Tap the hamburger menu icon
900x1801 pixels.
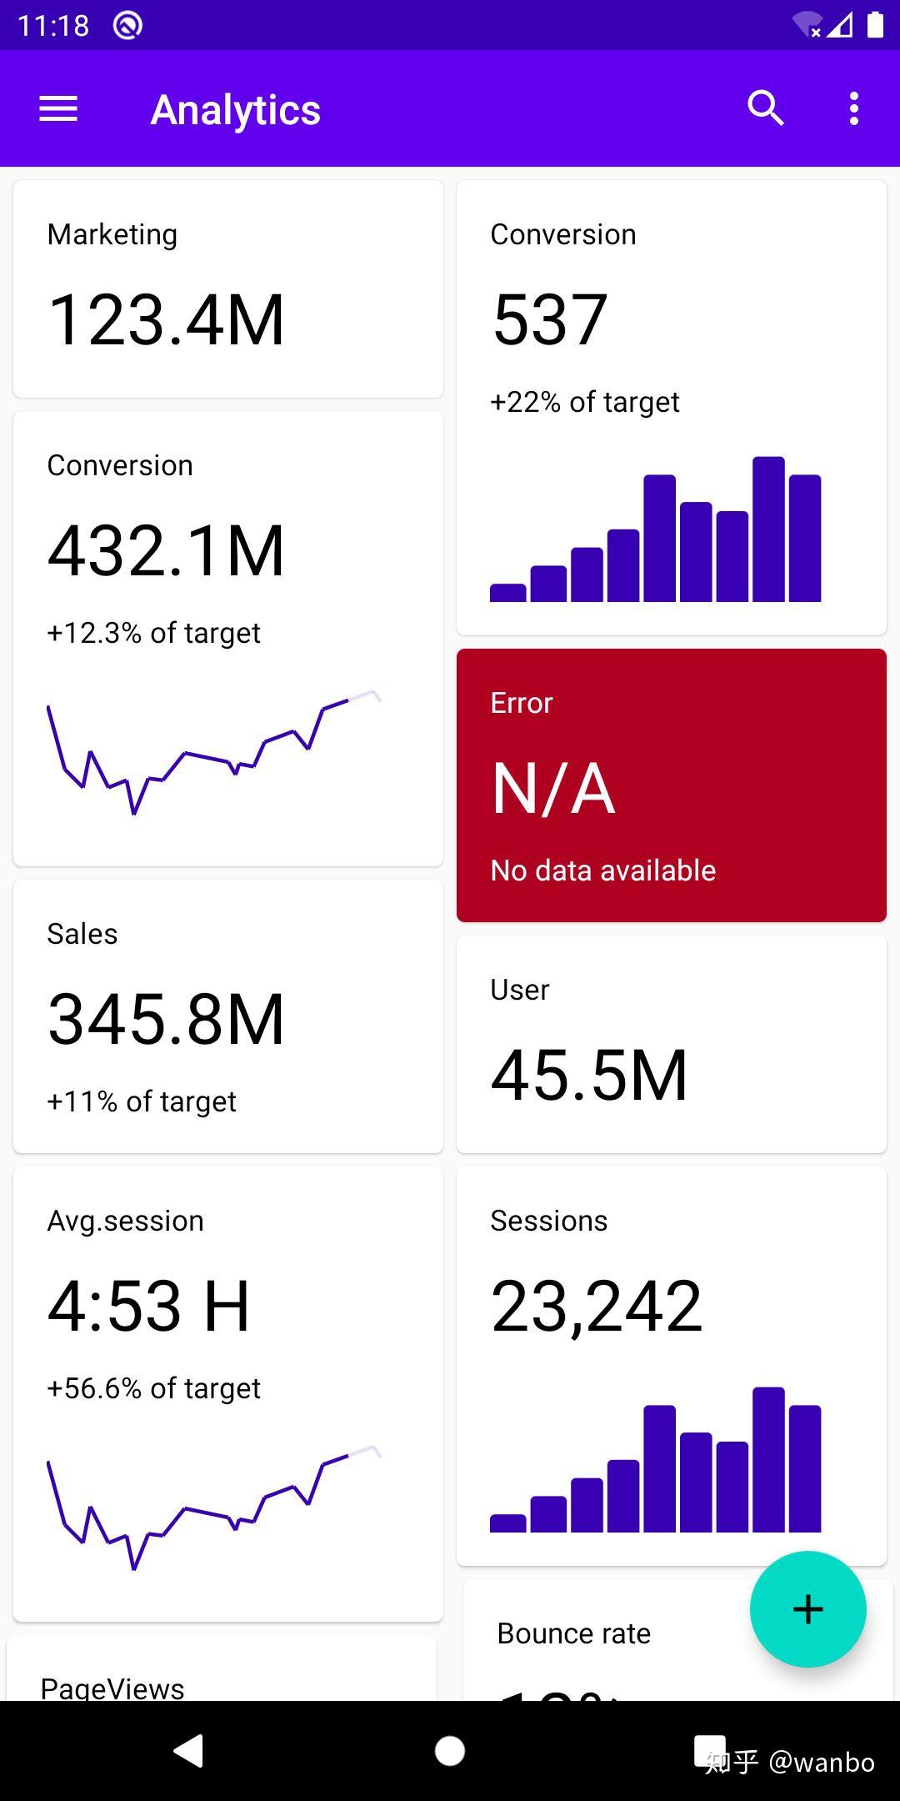pos(58,109)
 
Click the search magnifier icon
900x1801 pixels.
pos(765,108)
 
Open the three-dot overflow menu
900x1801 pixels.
pos(853,109)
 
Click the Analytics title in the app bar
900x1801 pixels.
pos(235,110)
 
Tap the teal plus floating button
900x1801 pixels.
pos(807,1608)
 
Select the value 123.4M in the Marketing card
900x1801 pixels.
pos(167,319)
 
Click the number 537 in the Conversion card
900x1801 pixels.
pos(549,319)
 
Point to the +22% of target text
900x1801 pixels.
pos(584,402)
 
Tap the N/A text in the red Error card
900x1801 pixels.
pos(553,789)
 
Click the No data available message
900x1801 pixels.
pos(602,870)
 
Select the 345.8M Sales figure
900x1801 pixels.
pos(167,1019)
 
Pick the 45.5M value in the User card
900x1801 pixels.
pos(589,1076)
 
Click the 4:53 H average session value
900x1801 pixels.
pos(148,1306)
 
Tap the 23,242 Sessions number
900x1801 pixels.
pos(597,1306)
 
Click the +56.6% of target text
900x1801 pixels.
pos(153,1388)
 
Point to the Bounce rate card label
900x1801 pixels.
pos(573,1633)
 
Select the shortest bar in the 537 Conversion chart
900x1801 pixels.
pos(507,593)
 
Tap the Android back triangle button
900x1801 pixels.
pos(188,1750)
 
